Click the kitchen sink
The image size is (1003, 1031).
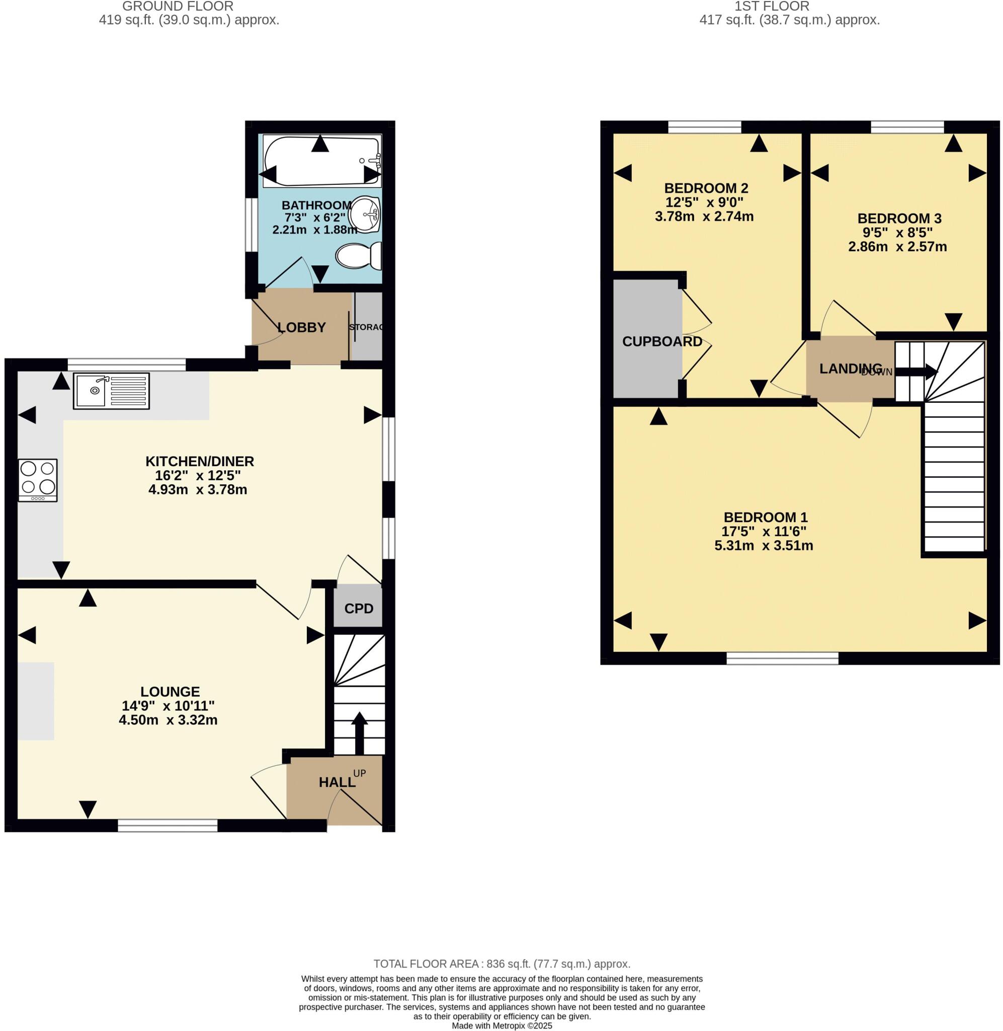[x=111, y=391]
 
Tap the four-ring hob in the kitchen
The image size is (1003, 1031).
[x=37, y=480]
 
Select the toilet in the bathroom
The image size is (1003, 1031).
[x=359, y=256]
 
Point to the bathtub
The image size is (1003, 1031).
[x=321, y=161]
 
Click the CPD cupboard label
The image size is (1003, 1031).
[x=359, y=609]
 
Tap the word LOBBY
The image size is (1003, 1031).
[x=301, y=327]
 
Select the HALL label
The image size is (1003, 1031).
[x=337, y=782]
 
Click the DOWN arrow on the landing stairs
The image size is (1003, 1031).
[x=916, y=372]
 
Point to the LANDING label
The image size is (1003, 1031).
[x=850, y=369]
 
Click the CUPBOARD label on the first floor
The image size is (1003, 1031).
[x=662, y=341]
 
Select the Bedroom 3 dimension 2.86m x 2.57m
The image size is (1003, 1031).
[x=897, y=247]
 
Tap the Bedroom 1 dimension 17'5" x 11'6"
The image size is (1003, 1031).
[x=764, y=531]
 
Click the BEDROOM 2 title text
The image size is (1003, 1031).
[x=706, y=188]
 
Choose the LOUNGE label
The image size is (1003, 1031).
[x=170, y=692]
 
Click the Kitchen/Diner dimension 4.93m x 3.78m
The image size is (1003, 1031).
[x=198, y=490]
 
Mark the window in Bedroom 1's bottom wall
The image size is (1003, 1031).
[x=782, y=658]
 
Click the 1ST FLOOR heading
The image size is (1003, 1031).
[x=772, y=7]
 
